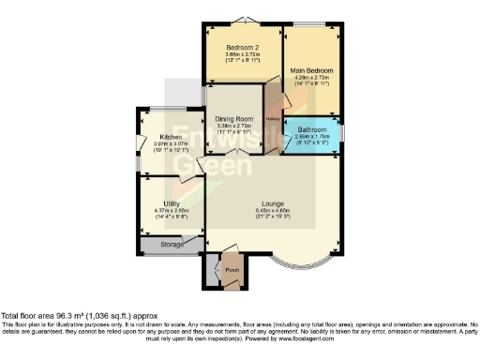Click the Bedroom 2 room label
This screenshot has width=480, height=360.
click(242, 47)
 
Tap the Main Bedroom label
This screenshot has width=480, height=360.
click(311, 70)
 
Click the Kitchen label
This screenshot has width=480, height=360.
click(170, 137)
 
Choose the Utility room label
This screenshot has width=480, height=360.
click(171, 203)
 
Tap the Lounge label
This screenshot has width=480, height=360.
click(273, 203)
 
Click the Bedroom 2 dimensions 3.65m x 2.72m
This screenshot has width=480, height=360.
click(242, 54)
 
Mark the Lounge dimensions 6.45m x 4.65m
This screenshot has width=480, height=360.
click(273, 211)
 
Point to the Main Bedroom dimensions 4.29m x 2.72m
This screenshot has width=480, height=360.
click(311, 78)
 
